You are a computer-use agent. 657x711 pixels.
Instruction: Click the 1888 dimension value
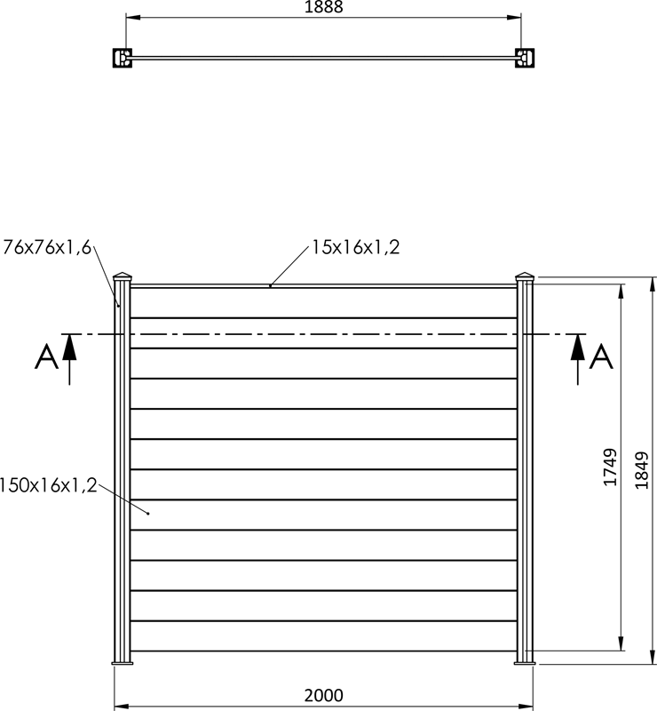323,8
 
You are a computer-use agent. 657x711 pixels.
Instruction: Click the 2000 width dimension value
323,695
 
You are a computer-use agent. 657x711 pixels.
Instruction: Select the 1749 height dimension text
610,467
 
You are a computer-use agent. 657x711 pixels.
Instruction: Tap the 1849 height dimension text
643,470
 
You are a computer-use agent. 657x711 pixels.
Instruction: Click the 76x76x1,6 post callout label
47,247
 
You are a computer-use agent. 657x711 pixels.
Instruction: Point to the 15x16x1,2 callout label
355,248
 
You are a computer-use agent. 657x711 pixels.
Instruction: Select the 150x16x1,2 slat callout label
48,485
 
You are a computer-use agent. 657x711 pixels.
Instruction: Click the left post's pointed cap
123,276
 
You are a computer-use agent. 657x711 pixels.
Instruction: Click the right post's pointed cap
525,276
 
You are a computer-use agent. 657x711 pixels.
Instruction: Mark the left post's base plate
122,662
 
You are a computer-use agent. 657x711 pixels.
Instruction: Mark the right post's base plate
526,662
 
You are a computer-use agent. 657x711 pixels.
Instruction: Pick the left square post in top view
121,58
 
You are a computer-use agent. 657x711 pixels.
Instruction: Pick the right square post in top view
526,58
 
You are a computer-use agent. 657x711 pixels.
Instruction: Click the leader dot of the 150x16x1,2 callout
148,514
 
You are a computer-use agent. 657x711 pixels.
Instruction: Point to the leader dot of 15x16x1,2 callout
270,285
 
